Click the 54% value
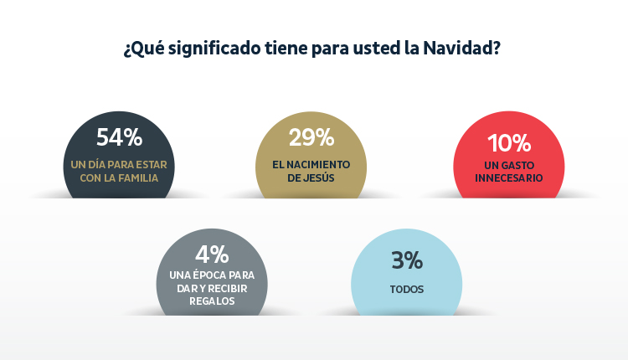119,137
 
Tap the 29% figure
311,137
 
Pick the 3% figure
406,260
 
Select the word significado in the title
204,48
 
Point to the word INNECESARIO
509,177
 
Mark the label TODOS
406,290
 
